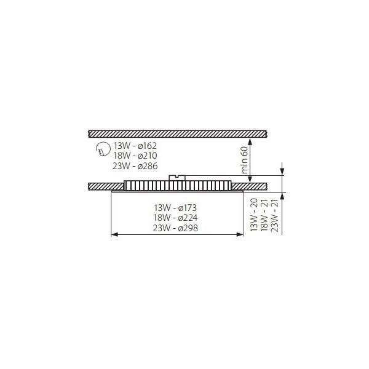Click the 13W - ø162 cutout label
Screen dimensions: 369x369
135,146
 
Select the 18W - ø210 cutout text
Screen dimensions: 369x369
135,156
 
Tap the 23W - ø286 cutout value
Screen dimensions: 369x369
135,166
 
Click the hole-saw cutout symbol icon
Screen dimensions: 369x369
103,149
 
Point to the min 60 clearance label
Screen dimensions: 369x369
245,160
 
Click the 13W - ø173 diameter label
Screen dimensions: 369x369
175,208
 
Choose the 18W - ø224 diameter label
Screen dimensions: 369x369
175,218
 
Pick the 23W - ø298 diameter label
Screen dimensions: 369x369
175,228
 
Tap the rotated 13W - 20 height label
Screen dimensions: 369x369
254,215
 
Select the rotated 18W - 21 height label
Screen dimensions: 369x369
264,215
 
